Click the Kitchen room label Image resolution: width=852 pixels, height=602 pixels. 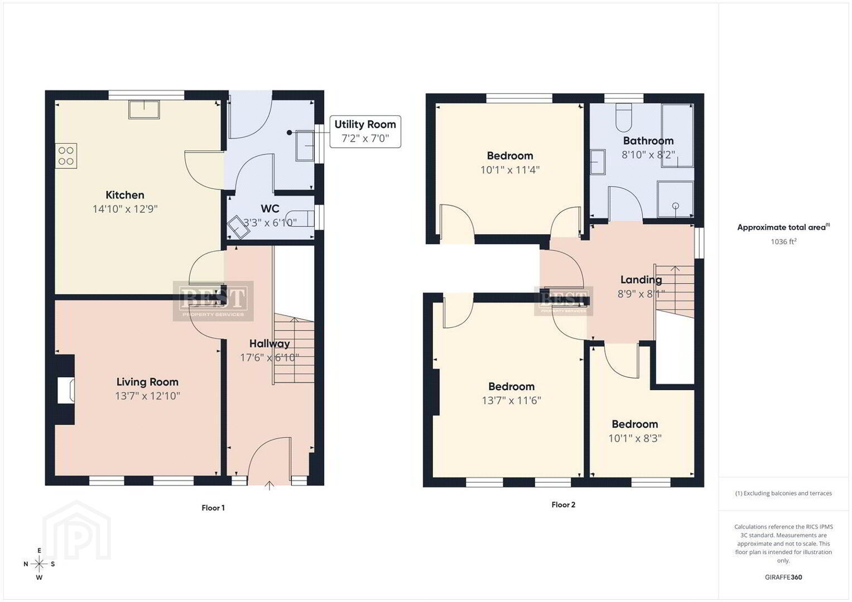coord(125,195)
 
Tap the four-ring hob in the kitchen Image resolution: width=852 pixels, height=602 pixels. coord(66,156)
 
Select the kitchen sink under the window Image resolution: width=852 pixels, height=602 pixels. coord(144,109)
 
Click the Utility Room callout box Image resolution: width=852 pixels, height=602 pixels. coord(365,132)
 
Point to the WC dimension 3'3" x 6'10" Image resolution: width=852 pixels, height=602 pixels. coord(269,223)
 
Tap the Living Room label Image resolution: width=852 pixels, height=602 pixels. coord(147,382)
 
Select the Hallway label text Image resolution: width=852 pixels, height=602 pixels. coord(269,343)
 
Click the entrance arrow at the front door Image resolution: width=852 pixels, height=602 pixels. coord(269,486)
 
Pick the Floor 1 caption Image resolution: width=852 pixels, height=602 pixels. coord(213,508)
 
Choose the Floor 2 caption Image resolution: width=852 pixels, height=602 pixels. coord(564,504)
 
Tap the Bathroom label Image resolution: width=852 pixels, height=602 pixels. coord(648,140)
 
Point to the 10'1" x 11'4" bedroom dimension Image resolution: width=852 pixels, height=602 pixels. coord(510,170)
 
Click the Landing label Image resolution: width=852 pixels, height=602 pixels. coord(641,280)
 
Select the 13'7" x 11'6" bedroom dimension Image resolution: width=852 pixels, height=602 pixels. coord(511,401)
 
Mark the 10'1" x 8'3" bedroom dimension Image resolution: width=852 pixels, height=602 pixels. coord(635,438)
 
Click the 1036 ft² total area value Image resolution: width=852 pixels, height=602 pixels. coord(783,241)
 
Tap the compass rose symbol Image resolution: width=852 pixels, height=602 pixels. coord(39,564)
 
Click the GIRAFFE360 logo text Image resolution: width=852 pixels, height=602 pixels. coord(783,577)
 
